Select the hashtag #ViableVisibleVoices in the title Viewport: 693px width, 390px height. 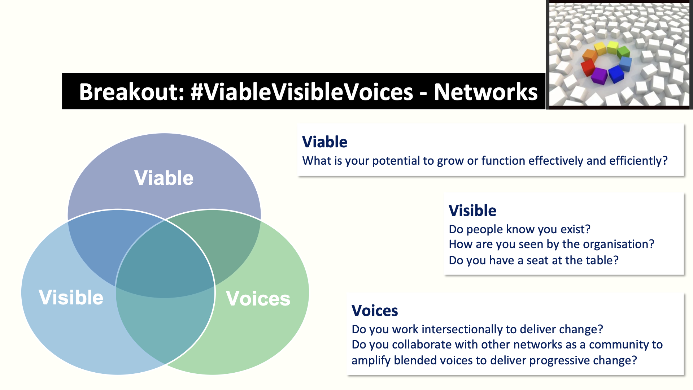pos(302,92)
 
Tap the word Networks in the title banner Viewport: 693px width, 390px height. pos(485,92)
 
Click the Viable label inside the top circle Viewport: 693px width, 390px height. pos(164,178)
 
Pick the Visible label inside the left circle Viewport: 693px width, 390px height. pos(71,298)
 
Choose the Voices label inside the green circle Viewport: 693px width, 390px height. pos(258,299)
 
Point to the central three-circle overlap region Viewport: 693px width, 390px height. pos(165,260)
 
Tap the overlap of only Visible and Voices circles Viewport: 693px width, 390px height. pos(165,325)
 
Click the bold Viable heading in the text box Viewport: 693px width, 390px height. pos(324,142)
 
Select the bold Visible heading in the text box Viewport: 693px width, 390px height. pos(472,211)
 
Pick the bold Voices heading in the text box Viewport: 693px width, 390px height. pos(375,311)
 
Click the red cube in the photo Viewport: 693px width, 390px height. pos(588,67)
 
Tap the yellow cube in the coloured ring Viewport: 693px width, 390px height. pos(600,48)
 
